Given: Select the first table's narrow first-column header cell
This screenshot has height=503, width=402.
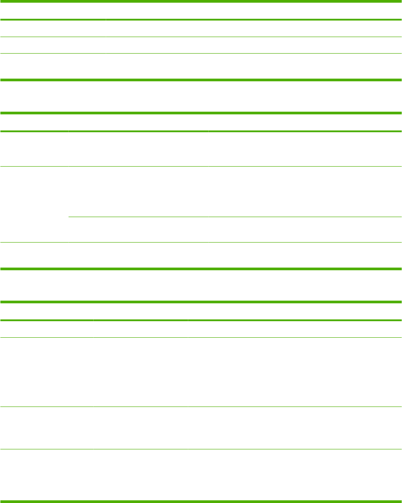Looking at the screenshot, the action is pyautogui.click(x=53, y=11).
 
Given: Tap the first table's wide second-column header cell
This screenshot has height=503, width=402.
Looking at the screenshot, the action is pyautogui.click(x=253, y=11).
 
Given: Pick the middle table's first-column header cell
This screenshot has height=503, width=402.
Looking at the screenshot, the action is pyautogui.click(x=34, y=122).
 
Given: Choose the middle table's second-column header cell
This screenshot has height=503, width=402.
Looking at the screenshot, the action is pyautogui.click(x=138, y=122).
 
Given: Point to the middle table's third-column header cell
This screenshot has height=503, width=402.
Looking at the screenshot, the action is pyautogui.click(x=305, y=122).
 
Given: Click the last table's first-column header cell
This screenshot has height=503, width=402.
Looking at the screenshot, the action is pyautogui.click(x=47, y=311).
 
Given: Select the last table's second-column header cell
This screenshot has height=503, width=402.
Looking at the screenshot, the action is pyautogui.click(x=141, y=311).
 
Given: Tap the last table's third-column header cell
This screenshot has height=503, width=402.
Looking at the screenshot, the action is pyautogui.click(x=294, y=311).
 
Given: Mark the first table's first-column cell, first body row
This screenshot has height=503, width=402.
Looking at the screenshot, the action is pyautogui.click(x=53, y=29).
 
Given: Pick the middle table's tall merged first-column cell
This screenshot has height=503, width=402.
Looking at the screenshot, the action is pyautogui.click(x=34, y=204).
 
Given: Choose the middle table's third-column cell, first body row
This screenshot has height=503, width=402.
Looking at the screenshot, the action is pyautogui.click(x=305, y=149).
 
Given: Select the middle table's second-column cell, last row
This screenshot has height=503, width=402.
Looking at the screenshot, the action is pyautogui.click(x=138, y=255).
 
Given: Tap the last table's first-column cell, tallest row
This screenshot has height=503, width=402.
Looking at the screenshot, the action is pyautogui.click(x=47, y=372).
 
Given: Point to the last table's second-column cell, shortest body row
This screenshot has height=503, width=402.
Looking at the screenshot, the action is pyautogui.click(x=141, y=329).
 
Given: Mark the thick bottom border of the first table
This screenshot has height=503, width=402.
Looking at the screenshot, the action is pyautogui.click(x=201, y=80).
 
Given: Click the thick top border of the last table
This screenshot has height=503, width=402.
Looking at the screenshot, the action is pyautogui.click(x=201, y=302).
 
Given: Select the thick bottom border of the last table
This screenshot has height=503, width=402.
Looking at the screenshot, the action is pyautogui.click(x=201, y=501).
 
